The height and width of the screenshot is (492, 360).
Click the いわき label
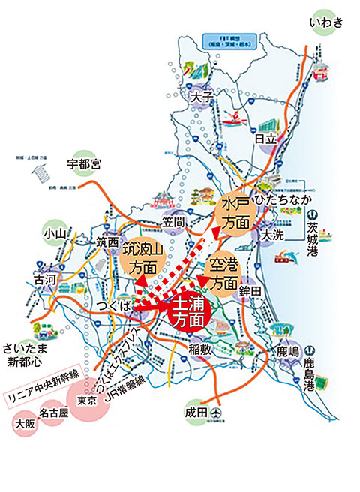tap(327, 22)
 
